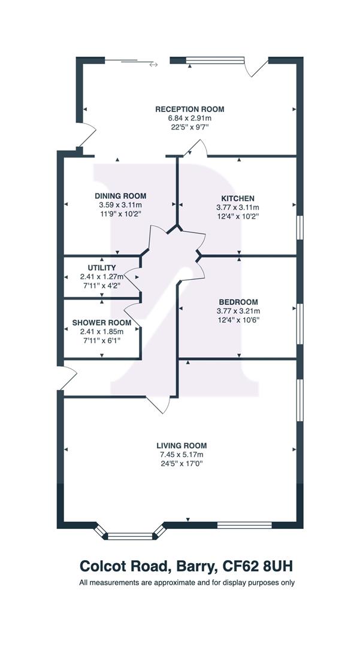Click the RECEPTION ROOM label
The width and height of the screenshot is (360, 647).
pyautogui.click(x=190, y=110)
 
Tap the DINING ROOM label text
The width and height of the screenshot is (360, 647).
pyautogui.click(x=120, y=196)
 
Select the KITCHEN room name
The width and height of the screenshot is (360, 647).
pyautogui.click(x=238, y=198)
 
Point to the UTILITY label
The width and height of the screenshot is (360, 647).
pyautogui.click(x=101, y=268)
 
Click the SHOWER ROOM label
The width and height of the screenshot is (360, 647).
pyautogui.click(x=102, y=323)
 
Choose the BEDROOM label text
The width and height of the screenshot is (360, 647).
pyautogui.click(x=238, y=302)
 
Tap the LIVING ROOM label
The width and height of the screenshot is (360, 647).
pyautogui.click(x=181, y=446)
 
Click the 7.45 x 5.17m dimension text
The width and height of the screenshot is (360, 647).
pyautogui.click(x=181, y=455)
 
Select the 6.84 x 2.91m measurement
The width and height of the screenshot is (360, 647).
pyautogui.click(x=190, y=119)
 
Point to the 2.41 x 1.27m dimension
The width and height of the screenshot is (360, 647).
pyautogui.click(x=101, y=276)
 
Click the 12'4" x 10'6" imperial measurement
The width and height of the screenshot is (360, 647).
pyautogui.click(x=238, y=319)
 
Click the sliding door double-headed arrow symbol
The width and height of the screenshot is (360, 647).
pyautogui.click(x=153, y=64)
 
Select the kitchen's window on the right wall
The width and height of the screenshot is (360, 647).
pyautogui.click(x=300, y=228)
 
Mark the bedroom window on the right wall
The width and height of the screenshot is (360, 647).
pyautogui.click(x=300, y=324)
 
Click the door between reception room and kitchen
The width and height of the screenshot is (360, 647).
pyautogui.click(x=195, y=148)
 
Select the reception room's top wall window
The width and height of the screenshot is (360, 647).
pyautogui.click(x=215, y=61)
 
